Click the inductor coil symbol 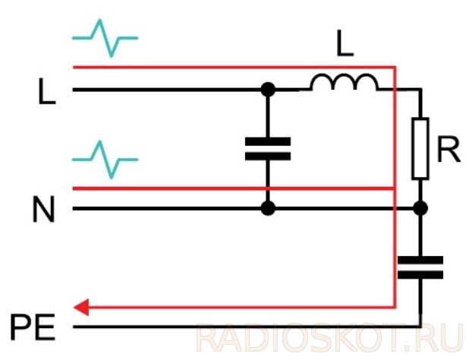(344, 81)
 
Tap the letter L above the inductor (345, 43)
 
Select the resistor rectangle (420, 149)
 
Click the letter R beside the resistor (448, 150)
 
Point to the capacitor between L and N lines (268, 149)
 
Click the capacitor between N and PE (420, 267)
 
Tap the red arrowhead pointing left (81, 308)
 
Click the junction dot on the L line (268, 90)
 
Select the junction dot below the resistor (420, 208)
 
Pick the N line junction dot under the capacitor (268, 208)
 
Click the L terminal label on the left (47, 91)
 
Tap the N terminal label (43, 209)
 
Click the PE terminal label (33, 327)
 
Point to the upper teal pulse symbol (105, 38)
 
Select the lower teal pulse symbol (105, 159)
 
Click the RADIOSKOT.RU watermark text (330, 337)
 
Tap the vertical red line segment (395, 187)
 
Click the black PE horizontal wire (247, 327)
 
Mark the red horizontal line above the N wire (234, 188)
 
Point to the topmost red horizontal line (234, 67)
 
